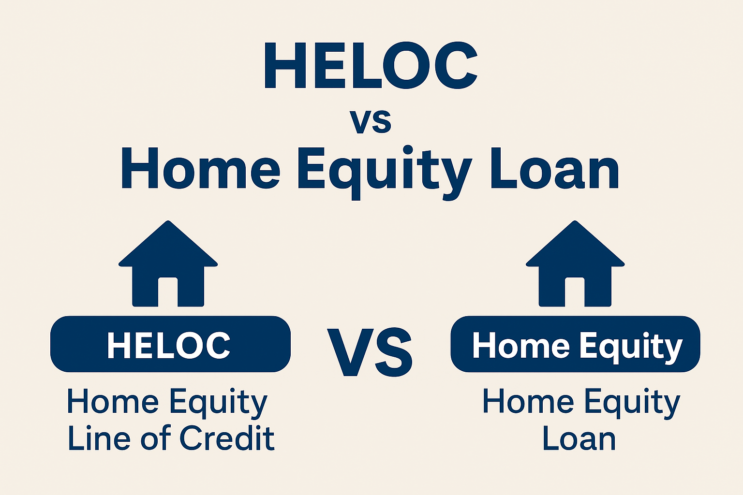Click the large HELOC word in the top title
point(371,66)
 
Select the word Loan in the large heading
point(554,168)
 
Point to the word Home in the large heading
point(201,168)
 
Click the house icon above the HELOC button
point(168,263)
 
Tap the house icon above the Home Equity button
point(575,263)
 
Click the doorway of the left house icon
point(168,292)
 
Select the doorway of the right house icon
point(575,292)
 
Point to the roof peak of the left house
point(168,221)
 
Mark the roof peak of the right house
point(575,221)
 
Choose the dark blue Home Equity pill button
point(575,344)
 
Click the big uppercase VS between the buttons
point(370,352)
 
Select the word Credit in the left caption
point(227,437)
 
